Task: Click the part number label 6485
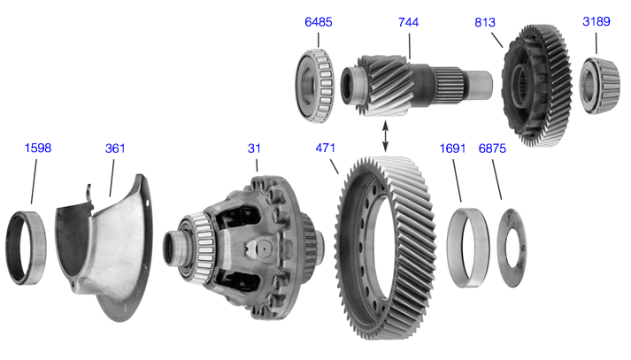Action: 319,22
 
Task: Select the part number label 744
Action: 408,22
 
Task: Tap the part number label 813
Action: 484,22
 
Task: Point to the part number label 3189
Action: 596,21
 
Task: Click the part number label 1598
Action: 38,148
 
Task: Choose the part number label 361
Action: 115,149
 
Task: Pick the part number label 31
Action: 254,149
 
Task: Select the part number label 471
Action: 325,148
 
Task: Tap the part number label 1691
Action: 452,149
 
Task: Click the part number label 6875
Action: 492,149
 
